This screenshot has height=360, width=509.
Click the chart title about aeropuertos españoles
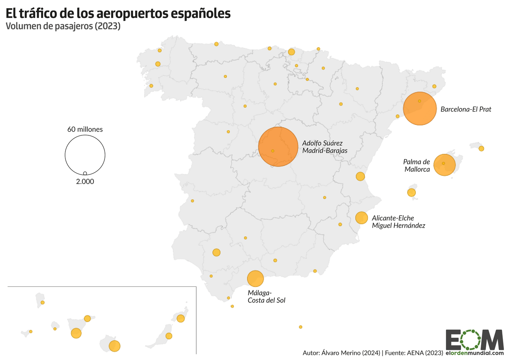click(118, 13)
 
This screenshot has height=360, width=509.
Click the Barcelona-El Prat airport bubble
click(420, 109)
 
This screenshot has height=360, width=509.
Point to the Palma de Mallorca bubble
click(444, 165)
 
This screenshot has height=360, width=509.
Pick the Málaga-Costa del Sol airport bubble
click(255, 279)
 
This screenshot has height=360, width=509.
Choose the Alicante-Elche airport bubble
click(361, 218)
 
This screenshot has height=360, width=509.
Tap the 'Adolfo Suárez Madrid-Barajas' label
click(325, 146)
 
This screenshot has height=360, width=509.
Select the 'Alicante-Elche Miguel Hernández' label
click(398, 221)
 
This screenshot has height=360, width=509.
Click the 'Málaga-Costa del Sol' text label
click(266, 297)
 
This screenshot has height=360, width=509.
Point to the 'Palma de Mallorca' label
click(417, 166)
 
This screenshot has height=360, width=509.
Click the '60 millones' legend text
click(85, 129)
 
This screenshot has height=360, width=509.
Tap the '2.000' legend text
click(85, 182)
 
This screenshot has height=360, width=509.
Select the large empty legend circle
click(85, 155)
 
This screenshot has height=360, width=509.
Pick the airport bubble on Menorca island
click(481, 148)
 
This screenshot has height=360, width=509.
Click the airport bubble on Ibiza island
click(411, 193)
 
